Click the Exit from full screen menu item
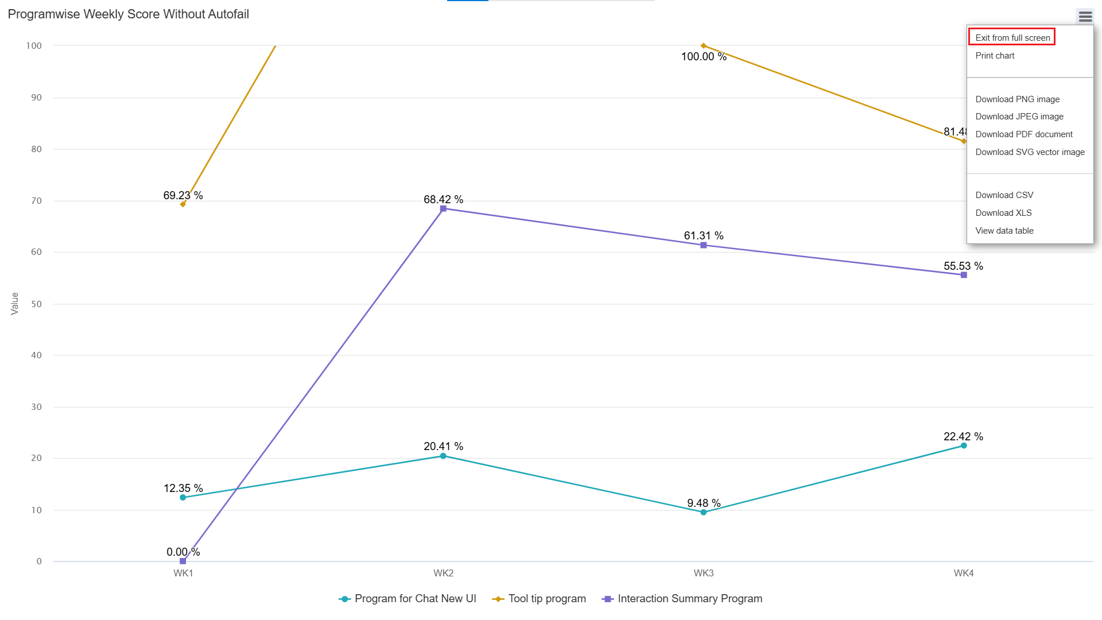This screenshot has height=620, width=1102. pos(1012,38)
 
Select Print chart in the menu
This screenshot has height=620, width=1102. pos(995,56)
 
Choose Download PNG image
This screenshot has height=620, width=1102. pos(1017,99)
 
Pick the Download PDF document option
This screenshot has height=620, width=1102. pos(1023,134)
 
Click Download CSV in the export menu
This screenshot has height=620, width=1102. pos(1004,195)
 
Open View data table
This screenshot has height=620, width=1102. pos(1004,231)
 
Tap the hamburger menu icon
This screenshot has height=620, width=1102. pos(1085,17)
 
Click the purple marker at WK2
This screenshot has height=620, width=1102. pos(443,209)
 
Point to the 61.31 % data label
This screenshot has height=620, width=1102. pos(703,236)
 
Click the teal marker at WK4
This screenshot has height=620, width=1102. pos(964,446)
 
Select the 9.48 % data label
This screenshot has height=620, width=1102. pos(704,503)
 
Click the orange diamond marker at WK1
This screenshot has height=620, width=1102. pos(183,204)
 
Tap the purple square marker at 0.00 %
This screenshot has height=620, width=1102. pos(183,561)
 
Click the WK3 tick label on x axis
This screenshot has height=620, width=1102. pos(704,573)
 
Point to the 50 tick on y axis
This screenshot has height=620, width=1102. pos(37,304)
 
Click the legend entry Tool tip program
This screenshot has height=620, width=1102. pos(546,599)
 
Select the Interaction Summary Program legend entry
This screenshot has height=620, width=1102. pos(689,599)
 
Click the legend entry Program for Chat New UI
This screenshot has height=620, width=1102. pos(415,599)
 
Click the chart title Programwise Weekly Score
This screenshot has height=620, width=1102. pos(129,14)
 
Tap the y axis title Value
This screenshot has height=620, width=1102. pos(15,304)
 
